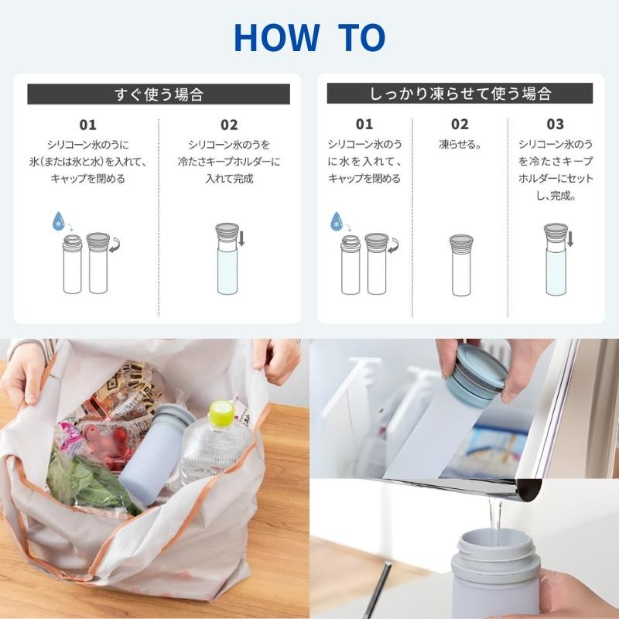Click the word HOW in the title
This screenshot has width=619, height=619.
pos(277,37)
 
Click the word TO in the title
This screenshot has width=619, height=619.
pos(361,37)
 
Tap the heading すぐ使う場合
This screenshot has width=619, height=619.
pos(159,94)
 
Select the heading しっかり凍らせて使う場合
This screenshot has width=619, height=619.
pos(460,94)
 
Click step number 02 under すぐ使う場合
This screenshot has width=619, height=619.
pos(229,125)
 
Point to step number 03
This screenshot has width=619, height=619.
pos(555,125)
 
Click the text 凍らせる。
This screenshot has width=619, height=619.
pos(460,145)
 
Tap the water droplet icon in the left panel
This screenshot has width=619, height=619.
pos(59,221)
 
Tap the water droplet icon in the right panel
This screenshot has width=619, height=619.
pos(337,221)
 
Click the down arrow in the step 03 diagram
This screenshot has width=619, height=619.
pos(570,239)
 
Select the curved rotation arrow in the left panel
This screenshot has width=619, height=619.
pos(115,245)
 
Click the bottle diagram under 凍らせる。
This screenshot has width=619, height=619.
pos(461,265)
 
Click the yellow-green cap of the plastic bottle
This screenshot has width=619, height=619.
pos(222,415)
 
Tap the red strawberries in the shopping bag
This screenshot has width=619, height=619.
pos(106,442)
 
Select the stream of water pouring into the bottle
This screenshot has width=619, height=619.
pos(494,517)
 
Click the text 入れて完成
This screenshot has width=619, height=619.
pos(229,179)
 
